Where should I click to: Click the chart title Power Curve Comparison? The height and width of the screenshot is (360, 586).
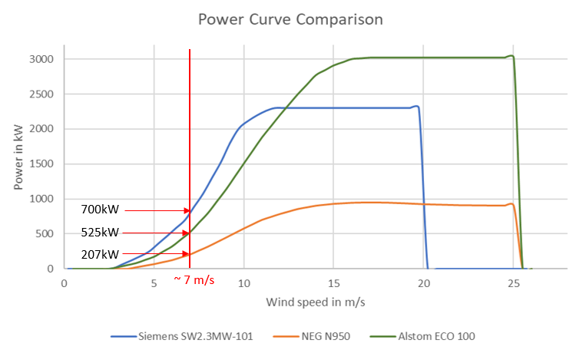pyautogui.click(x=290, y=18)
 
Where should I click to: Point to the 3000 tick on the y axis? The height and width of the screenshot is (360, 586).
pyautogui.click(x=40, y=59)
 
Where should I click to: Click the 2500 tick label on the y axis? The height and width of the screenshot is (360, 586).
pyautogui.click(x=40, y=94)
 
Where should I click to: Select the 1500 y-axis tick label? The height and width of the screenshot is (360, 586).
pyautogui.click(x=40, y=164)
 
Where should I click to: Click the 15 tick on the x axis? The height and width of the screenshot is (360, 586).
pyautogui.click(x=333, y=282)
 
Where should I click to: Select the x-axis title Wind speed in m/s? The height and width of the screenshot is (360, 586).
pyautogui.click(x=315, y=302)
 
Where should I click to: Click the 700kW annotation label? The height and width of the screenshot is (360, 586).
pyautogui.click(x=100, y=210)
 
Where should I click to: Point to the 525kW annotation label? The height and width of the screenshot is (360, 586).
pyautogui.click(x=100, y=233)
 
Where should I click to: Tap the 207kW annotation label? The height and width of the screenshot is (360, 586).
pyautogui.click(x=100, y=254)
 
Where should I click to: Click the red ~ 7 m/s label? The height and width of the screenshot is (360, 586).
pyautogui.click(x=193, y=279)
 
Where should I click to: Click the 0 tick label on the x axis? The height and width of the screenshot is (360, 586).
pyautogui.click(x=65, y=282)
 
